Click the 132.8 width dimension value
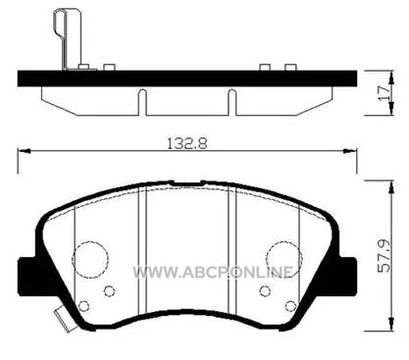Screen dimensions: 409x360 tap(187, 143)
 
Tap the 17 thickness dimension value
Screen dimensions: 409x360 tap(383, 93)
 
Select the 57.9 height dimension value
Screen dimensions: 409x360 tap(383, 256)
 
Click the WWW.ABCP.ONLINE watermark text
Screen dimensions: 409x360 tap(213, 272)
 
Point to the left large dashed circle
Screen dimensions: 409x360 tap(73, 258)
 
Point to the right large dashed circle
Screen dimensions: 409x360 tap(267, 258)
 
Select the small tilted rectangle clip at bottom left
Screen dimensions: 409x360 tap(64, 320)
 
